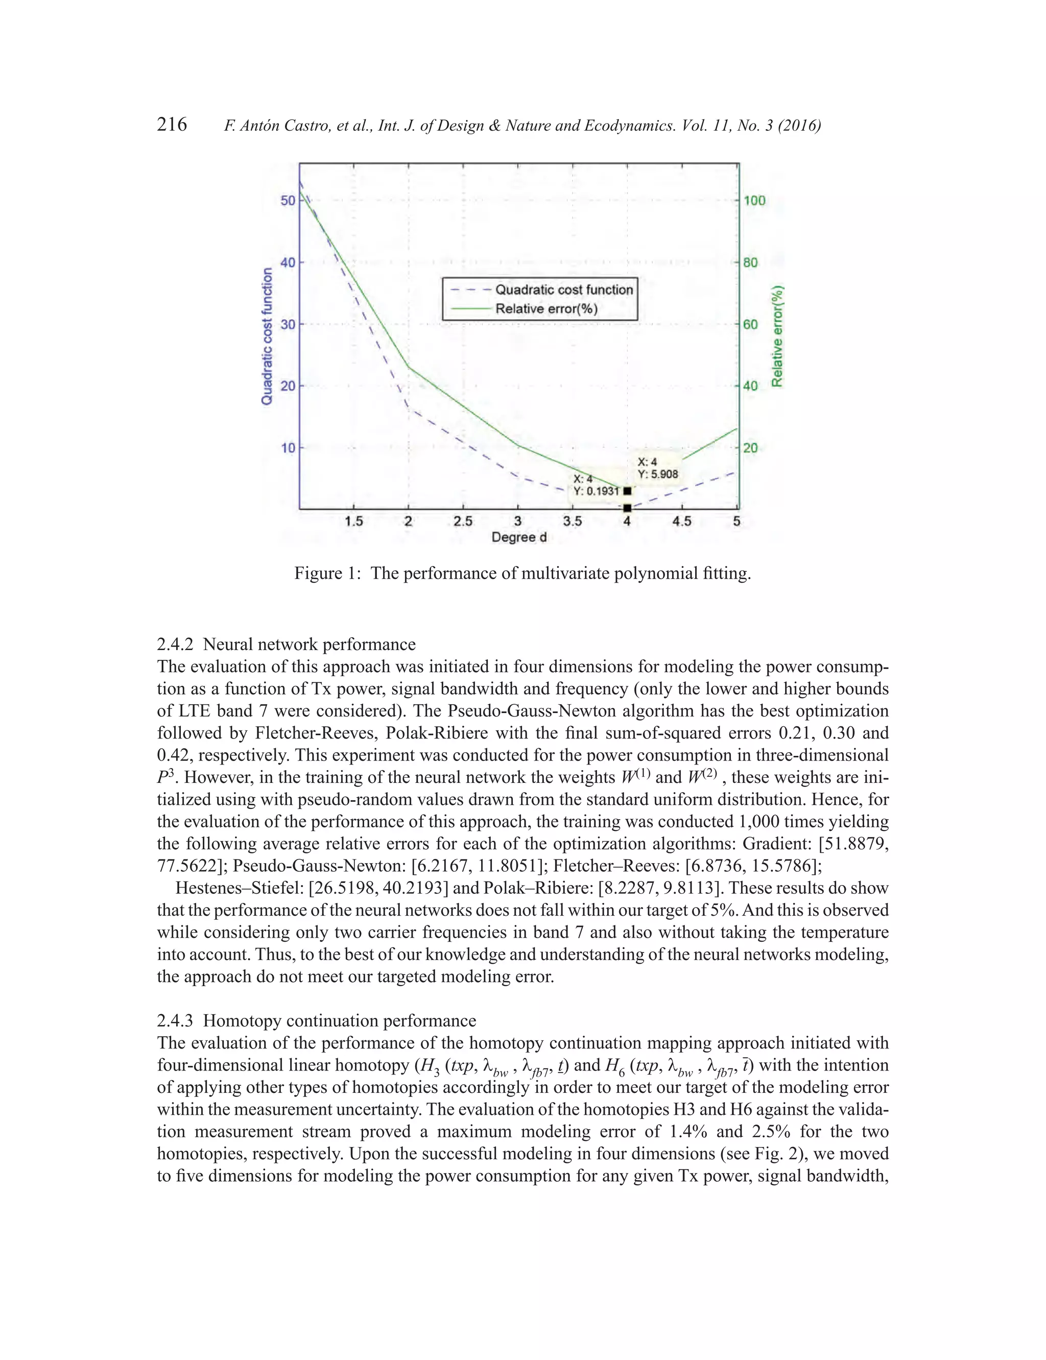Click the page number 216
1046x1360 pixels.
pos(172,125)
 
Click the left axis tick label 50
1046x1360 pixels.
pos(288,200)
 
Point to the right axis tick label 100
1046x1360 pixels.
pos(754,200)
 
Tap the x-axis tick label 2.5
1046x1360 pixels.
pos(463,521)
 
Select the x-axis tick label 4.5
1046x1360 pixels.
pos(682,521)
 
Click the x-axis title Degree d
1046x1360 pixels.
pos(518,537)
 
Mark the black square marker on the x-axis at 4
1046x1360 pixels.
pos(627,508)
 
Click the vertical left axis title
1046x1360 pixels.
pos(267,336)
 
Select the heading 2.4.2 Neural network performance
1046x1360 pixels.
pos(286,644)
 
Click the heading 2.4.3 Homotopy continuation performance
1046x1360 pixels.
pos(316,1021)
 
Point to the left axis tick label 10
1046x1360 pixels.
pos(288,447)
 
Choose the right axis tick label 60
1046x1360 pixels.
pos(750,324)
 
